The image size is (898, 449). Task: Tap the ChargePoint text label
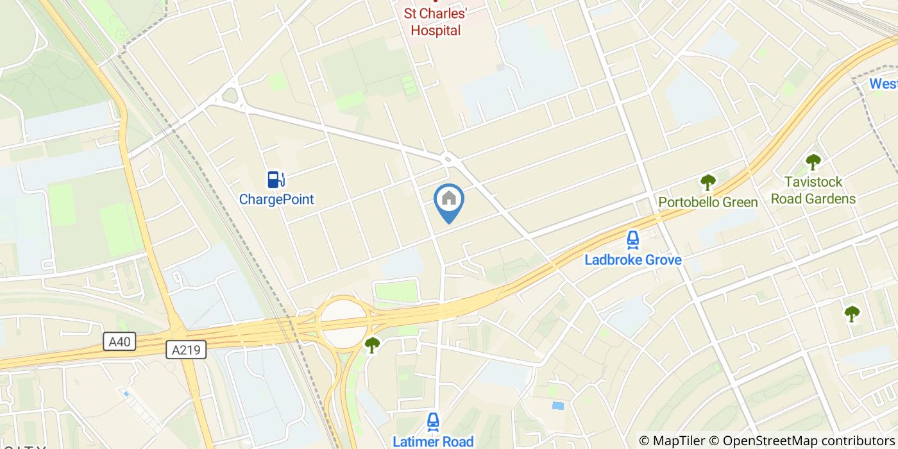276,199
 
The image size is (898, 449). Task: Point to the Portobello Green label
708,203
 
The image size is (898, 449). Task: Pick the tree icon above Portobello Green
707,183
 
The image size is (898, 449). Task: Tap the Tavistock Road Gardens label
813,191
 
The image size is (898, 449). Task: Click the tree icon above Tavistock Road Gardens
813,162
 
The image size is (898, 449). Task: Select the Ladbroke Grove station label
632,260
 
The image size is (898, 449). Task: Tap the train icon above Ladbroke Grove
632,240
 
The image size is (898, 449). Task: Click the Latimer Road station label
433,441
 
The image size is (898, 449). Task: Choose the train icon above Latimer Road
433,421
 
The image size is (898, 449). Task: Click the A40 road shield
119,341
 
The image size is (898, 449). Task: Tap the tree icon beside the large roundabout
372,345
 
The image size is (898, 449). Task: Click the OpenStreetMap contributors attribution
802,441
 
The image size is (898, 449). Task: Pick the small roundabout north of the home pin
448,157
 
